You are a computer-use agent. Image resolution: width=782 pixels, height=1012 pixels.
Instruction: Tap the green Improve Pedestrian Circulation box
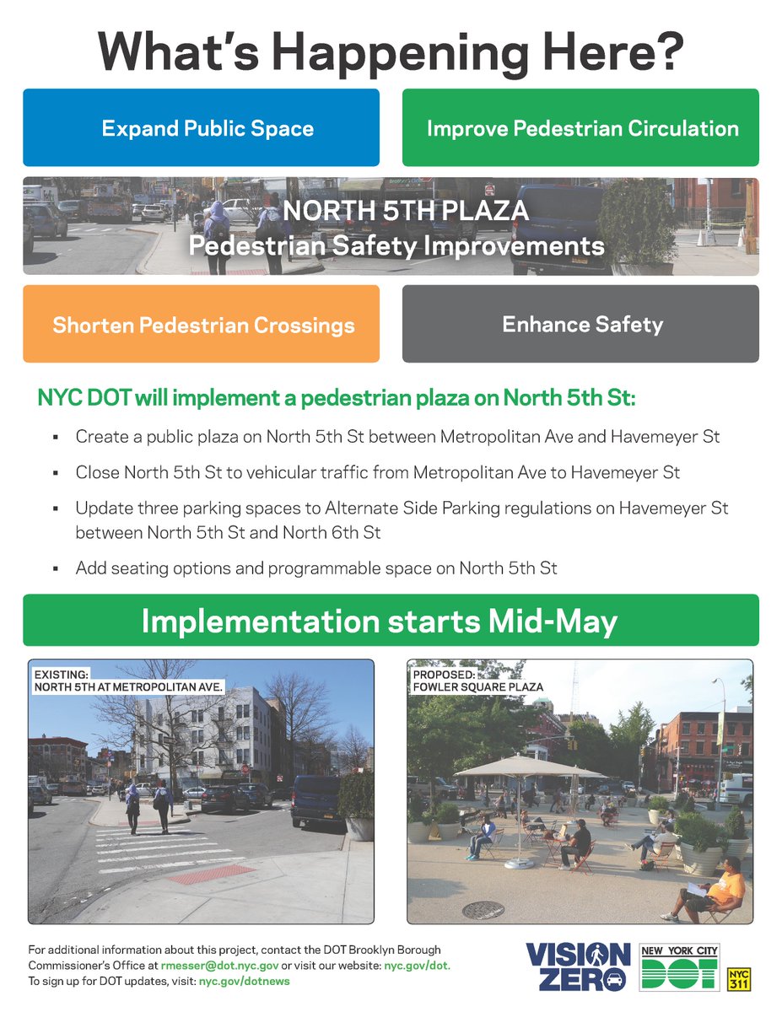click(580, 128)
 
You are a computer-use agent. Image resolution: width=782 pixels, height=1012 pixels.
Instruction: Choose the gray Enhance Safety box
click(580, 324)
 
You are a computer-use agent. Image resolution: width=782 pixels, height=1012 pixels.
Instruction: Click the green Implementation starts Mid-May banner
click(391, 621)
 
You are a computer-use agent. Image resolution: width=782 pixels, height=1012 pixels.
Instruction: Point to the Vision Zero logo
click(578, 966)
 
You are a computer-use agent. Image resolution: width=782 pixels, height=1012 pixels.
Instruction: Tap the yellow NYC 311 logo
click(738, 978)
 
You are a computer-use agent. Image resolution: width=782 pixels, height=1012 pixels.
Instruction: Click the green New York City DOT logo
click(679, 967)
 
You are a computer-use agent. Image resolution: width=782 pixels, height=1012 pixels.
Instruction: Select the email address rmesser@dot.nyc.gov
click(218, 966)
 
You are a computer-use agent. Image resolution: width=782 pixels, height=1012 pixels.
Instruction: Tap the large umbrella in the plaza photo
click(530, 768)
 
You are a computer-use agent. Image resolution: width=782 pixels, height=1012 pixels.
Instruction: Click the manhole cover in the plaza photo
click(483, 909)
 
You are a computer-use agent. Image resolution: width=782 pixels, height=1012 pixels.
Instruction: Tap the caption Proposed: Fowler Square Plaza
click(477, 681)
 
